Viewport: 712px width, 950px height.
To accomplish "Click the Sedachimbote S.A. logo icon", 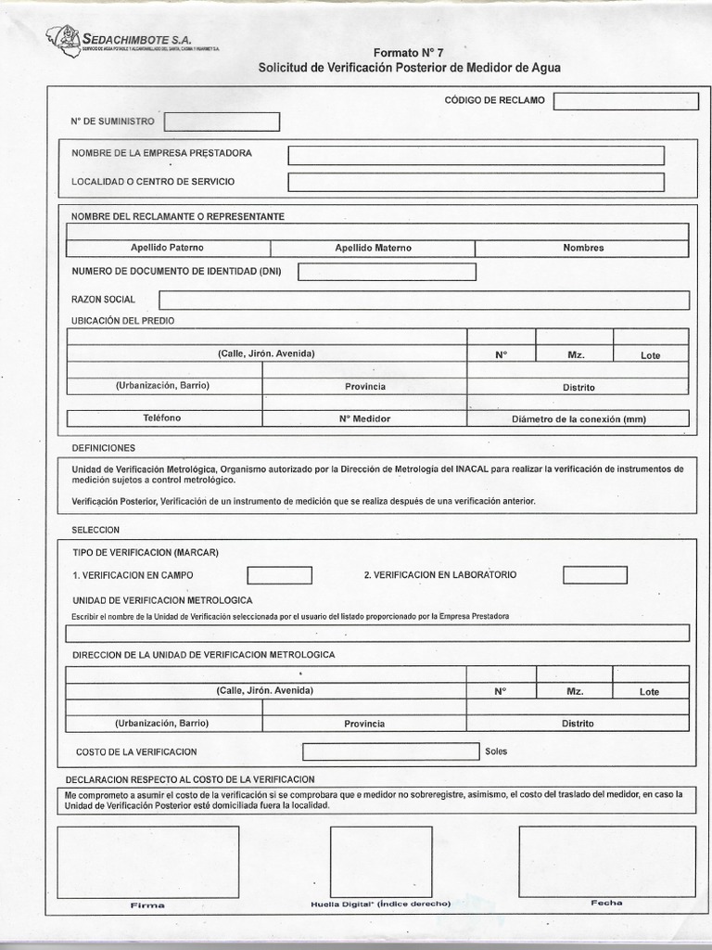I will [63, 39].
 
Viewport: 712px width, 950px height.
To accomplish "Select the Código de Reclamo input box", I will [626, 101].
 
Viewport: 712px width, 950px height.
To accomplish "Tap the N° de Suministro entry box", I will [222, 122].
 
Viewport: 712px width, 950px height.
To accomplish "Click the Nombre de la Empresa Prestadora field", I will [476, 155].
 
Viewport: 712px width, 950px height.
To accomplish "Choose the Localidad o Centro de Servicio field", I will [476, 182].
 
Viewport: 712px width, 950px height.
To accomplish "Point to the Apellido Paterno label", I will [167, 248].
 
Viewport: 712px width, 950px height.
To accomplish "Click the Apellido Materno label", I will [373, 248].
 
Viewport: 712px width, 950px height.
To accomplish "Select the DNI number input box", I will [387, 272].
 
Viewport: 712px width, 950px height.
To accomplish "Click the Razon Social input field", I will [424, 300].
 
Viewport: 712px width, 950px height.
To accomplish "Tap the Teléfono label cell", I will [161, 418].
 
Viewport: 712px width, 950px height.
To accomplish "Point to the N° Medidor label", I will [364, 418].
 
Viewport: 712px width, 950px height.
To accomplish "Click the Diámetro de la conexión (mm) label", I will [578, 418].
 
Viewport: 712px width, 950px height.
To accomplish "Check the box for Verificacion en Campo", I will [279, 575].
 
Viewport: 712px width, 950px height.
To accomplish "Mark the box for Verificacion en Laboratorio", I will [594, 575].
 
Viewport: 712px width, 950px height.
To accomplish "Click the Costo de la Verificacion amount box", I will [390, 751].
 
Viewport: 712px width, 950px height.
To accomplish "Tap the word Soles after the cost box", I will [496, 751].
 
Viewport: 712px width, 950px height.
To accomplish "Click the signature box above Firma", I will [148, 862].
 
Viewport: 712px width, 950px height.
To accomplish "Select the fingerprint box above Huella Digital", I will [380, 862].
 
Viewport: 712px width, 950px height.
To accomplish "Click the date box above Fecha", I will [606, 862].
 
